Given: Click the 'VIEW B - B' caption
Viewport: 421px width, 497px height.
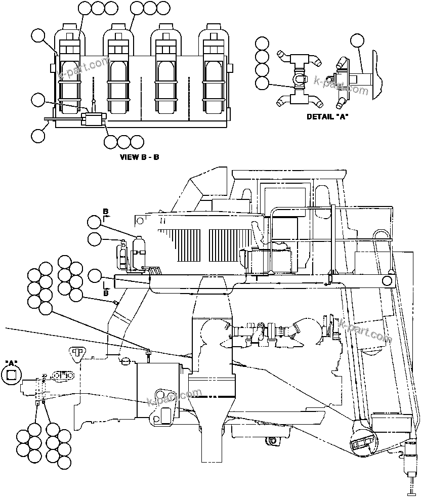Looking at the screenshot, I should [x=139, y=157].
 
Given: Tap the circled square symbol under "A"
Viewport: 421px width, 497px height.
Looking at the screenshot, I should [x=11, y=374].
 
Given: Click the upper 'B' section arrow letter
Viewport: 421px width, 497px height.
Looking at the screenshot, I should [x=105, y=211].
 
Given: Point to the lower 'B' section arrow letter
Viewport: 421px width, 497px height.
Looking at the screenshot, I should [x=105, y=293].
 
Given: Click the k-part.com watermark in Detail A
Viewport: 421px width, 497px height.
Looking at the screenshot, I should [x=341, y=86].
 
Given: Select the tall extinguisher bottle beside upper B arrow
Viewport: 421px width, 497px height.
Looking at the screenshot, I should [x=138, y=250].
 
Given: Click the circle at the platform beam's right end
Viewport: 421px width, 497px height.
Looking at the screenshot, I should [x=388, y=281].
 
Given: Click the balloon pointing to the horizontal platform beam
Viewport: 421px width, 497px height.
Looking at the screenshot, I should [x=94, y=276].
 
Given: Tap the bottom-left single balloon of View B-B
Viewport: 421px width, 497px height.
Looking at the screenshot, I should [x=38, y=136].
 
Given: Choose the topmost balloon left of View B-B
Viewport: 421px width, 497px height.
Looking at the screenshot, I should [x=38, y=35].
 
